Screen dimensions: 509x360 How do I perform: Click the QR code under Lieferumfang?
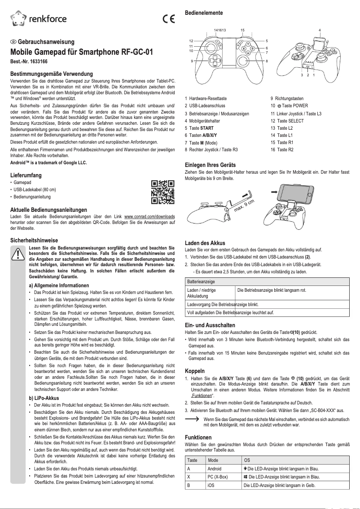point(162,192)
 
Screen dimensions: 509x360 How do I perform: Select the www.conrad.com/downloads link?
point(149,216)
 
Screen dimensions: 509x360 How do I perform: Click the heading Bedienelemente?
point(204,13)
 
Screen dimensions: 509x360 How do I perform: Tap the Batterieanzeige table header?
point(201,281)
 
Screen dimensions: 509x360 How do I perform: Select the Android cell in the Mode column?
point(215,468)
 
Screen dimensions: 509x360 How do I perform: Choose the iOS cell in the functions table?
point(211,485)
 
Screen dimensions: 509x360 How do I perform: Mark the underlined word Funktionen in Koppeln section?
point(202,396)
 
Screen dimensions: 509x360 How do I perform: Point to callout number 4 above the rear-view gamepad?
point(320,30)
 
